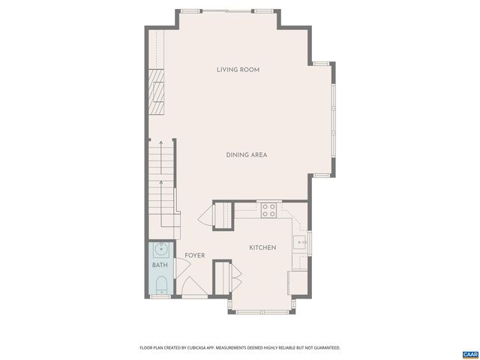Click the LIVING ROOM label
pyautogui.click(x=238, y=70)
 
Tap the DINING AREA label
pyautogui.click(x=247, y=155)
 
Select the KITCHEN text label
pyautogui.click(x=262, y=247)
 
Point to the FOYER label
pyautogui.click(x=195, y=256)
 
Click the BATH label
pyautogui.click(x=160, y=265)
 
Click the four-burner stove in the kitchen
pyautogui.click(x=268, y=210)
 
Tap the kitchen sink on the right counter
pyautogui.click(x=300, y=241)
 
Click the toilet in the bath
pyautogui.click(x=160, y=284)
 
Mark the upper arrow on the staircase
pyautogui.click(x=160, y=143)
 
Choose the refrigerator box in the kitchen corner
pyautogui.click(x=298, y=281)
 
